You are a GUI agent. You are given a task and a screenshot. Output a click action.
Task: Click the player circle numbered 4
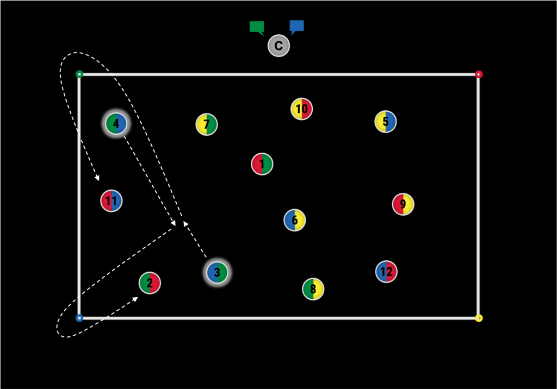[116, 124]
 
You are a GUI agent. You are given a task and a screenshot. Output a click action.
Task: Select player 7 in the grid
[207, 124]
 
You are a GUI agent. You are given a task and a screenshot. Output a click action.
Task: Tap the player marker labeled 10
[301, 109]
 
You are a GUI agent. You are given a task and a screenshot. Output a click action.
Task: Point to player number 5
[386, 122]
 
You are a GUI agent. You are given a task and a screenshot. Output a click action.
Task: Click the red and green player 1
[262, 164]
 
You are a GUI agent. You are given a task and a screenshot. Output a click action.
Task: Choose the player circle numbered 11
[112, 201]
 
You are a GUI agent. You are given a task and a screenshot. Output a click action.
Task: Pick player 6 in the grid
[295, 220]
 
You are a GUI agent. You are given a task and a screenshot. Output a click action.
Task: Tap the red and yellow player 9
[403, 204]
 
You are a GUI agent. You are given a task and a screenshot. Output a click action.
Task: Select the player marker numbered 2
[150, 283]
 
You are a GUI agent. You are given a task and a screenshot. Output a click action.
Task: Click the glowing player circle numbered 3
[217, 272]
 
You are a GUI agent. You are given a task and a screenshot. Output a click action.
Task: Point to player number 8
[313, 289]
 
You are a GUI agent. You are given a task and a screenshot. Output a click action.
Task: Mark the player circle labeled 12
[386, 272]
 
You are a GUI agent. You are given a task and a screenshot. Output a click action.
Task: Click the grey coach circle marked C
[278, 46]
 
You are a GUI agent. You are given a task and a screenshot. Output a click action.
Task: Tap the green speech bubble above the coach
[257, 27]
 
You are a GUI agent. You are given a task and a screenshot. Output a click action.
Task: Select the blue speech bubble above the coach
[296, 26]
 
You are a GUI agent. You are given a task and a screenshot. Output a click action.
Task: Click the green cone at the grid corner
[79, 74]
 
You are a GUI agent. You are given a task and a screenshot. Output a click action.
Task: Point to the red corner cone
[479, 74]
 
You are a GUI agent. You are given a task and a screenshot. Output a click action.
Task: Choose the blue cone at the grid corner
[79, 318]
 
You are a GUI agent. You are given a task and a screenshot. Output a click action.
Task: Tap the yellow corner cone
[479, 318]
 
